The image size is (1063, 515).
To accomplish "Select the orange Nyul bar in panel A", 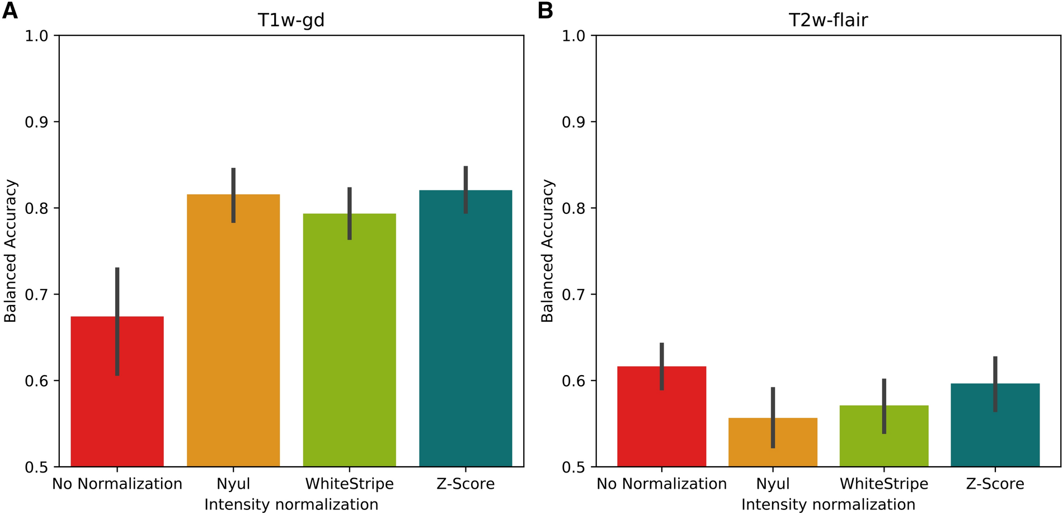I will [233, 347].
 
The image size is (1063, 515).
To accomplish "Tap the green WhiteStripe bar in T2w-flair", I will [884, 442].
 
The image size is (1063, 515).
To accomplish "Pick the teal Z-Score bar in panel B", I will [995, 437].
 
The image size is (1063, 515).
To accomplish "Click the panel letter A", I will [10, 11].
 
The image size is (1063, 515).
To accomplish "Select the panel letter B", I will [545, 11].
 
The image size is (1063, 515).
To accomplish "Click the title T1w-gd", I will [291, 20].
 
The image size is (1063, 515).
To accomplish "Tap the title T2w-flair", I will [828, 20].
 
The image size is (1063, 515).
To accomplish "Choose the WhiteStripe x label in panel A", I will [349, 484].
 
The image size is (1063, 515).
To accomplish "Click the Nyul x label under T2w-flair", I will [773, 484].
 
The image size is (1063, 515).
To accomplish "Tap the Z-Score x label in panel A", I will [465, 484].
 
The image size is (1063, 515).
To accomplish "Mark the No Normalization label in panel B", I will [661, 484].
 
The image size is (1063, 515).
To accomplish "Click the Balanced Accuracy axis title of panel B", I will [547, 251].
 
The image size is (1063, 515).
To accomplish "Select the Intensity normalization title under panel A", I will [291, 504].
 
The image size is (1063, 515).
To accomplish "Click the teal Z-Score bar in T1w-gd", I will [465, 347].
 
